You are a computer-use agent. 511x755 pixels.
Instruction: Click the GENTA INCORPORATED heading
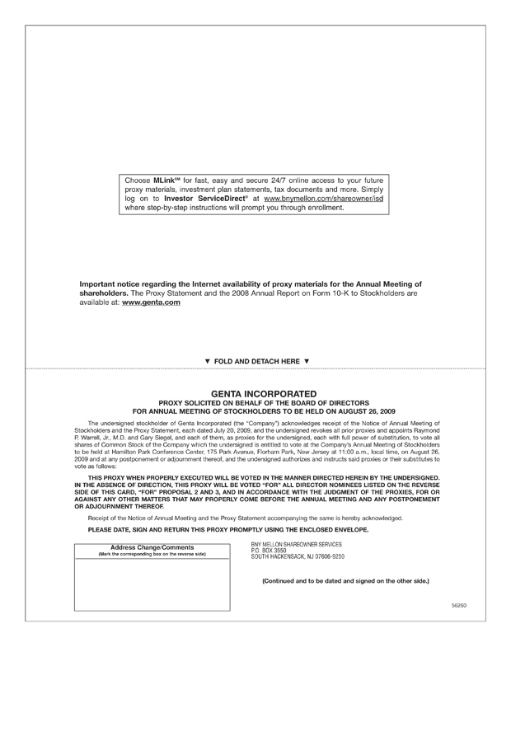264,393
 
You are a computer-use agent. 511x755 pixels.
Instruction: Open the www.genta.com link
151,302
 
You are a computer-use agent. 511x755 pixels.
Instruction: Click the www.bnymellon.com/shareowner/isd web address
324,199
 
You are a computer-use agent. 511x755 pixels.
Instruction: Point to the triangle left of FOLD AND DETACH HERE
208,361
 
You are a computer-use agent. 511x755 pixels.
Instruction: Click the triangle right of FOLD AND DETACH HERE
307,361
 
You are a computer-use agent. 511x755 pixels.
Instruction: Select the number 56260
459,605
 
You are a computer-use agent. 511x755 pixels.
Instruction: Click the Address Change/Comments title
152,547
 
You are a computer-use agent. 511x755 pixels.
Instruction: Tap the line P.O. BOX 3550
269,550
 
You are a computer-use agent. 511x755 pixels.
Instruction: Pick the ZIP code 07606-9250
329,556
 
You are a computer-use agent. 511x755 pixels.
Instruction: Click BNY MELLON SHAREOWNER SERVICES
297,544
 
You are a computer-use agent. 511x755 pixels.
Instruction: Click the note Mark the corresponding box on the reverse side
152,554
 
